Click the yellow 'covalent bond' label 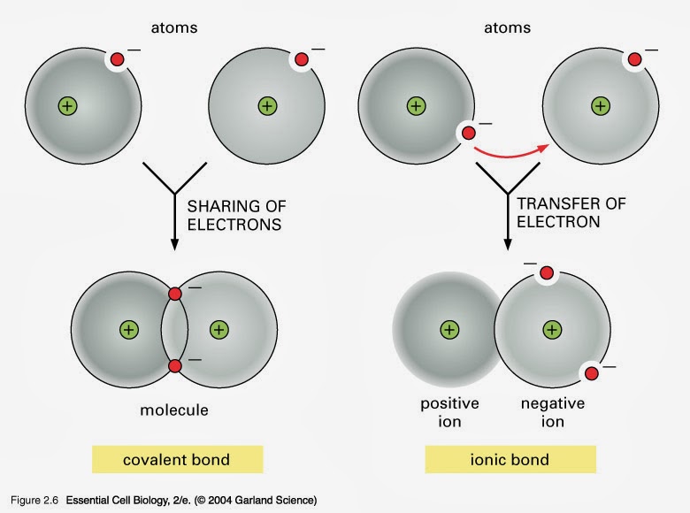pyautogui.click(x=175, y=459)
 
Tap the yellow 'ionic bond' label pyautogui.click(x=510, y=459)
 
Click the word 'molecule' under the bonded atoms pyautogui.click(x=175, y=410)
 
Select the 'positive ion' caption pyautogui.click(x=449, y=411)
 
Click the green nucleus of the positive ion pyautogui.click(x=449, y=330)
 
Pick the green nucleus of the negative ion pyautogui.click(x=552, y=330)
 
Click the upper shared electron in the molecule pyautogui.click(x=174, y=293)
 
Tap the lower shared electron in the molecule pyautogui.click(x=174, y=365)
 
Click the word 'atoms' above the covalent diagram pyautogui.click(x=174, y=28)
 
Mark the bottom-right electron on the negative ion pyautogui.click(x=592, y=373)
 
